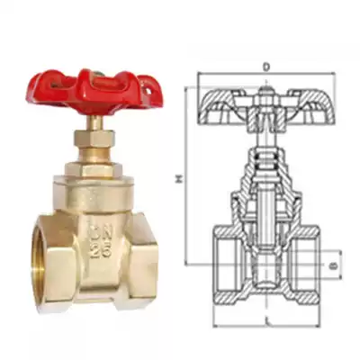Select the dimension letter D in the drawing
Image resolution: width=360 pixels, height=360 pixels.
[266, 67]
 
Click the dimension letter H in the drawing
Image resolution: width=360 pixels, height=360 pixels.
[179, 180]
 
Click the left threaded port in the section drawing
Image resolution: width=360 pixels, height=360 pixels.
[228, 265]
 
